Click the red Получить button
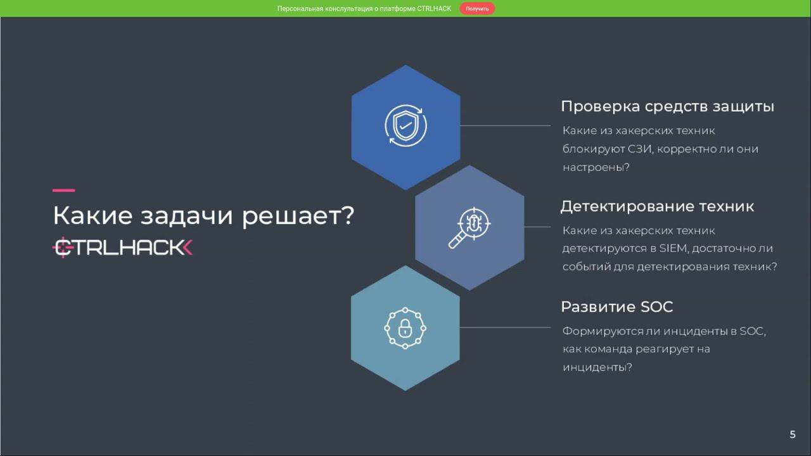(477, 9)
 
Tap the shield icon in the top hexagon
(405, 125)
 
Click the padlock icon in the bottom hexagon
(405, 327)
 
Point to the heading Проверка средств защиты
(667, 106)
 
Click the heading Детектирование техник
(657, 206)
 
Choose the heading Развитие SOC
(616, 307)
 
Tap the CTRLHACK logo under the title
(122, 248)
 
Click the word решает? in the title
(298, 216)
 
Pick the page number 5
(792, 434)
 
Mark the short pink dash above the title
(63, 190)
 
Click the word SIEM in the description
(673, 248)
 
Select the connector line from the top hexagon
(505, 125)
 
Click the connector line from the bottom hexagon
(505, 327)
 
